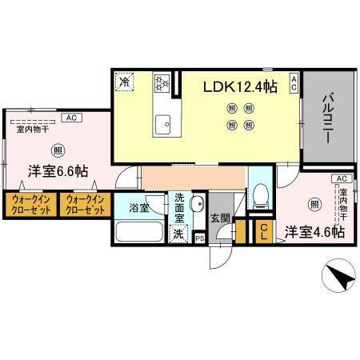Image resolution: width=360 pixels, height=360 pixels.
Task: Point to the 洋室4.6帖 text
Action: pos(315,231)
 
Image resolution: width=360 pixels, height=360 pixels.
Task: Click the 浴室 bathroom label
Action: pos(138,208)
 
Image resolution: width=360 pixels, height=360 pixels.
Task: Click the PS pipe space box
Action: pos(200,238)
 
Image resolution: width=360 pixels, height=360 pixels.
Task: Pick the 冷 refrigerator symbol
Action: pos(124,81)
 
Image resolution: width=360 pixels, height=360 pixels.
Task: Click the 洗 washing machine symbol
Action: pos(178,234)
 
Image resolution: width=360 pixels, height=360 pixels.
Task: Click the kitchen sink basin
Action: pos(165,122)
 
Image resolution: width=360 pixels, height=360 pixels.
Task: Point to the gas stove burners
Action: pos(160,82)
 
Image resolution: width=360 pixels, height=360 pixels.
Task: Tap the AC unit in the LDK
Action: pos(294,82)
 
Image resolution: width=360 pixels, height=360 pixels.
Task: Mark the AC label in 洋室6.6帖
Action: pos(70,118)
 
